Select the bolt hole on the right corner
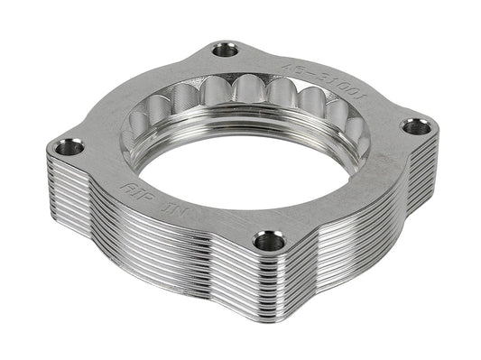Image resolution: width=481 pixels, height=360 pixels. [x=416, y=126]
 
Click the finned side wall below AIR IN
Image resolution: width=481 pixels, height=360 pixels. [x=153, y=253]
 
